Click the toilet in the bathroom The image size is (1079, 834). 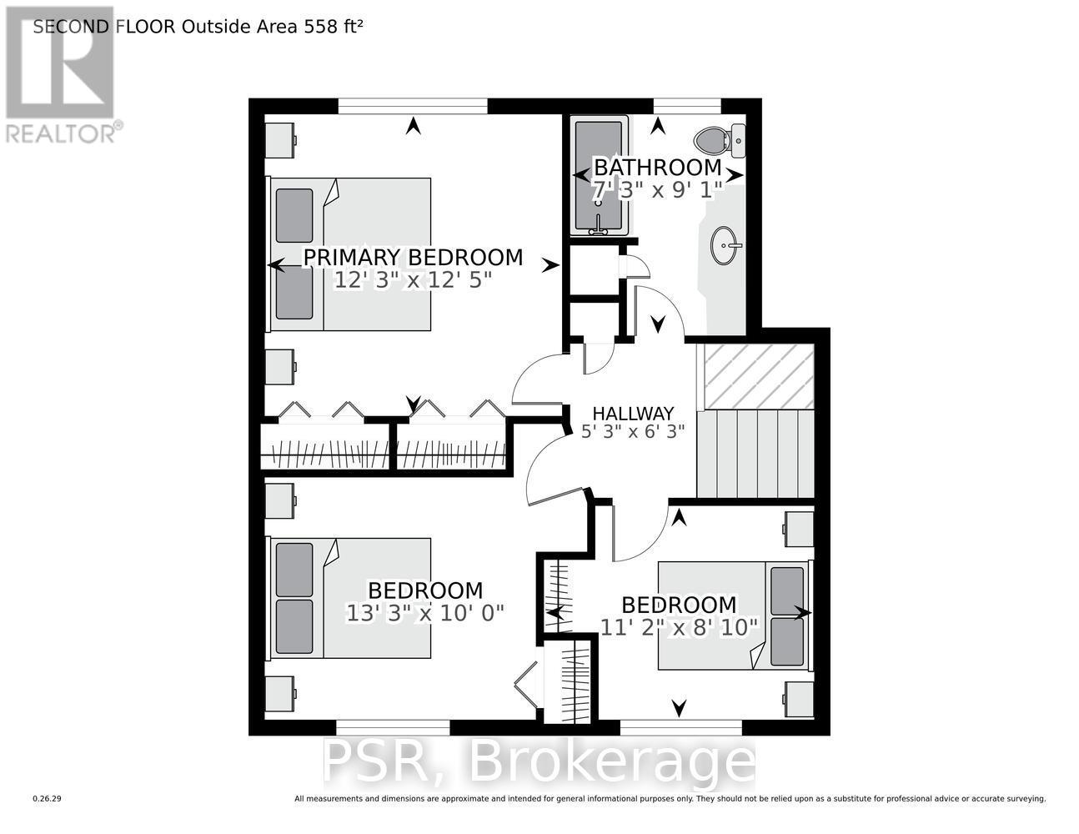tap(720, 140)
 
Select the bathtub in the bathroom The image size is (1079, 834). tap(598, 177)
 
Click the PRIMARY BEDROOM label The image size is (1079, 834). tap(413, 257)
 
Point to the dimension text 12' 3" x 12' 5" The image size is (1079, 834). tap(413, 280)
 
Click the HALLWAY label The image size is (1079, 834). tap(633, 413)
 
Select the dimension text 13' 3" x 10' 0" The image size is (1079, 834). tap(425, 613)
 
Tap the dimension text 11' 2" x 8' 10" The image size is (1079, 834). tap(679, 626)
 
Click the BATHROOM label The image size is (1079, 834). tap(656, 167)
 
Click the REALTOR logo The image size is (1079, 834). tap(60, 75)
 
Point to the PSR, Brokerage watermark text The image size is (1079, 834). tap(539, 761)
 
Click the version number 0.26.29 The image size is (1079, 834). tap(48, 799)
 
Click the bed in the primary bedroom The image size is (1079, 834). tap(350, 254)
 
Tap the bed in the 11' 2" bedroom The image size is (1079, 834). tap(734, 615)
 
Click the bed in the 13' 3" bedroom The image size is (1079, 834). tap(350, 598)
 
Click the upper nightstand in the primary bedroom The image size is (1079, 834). tap(279, 139)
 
